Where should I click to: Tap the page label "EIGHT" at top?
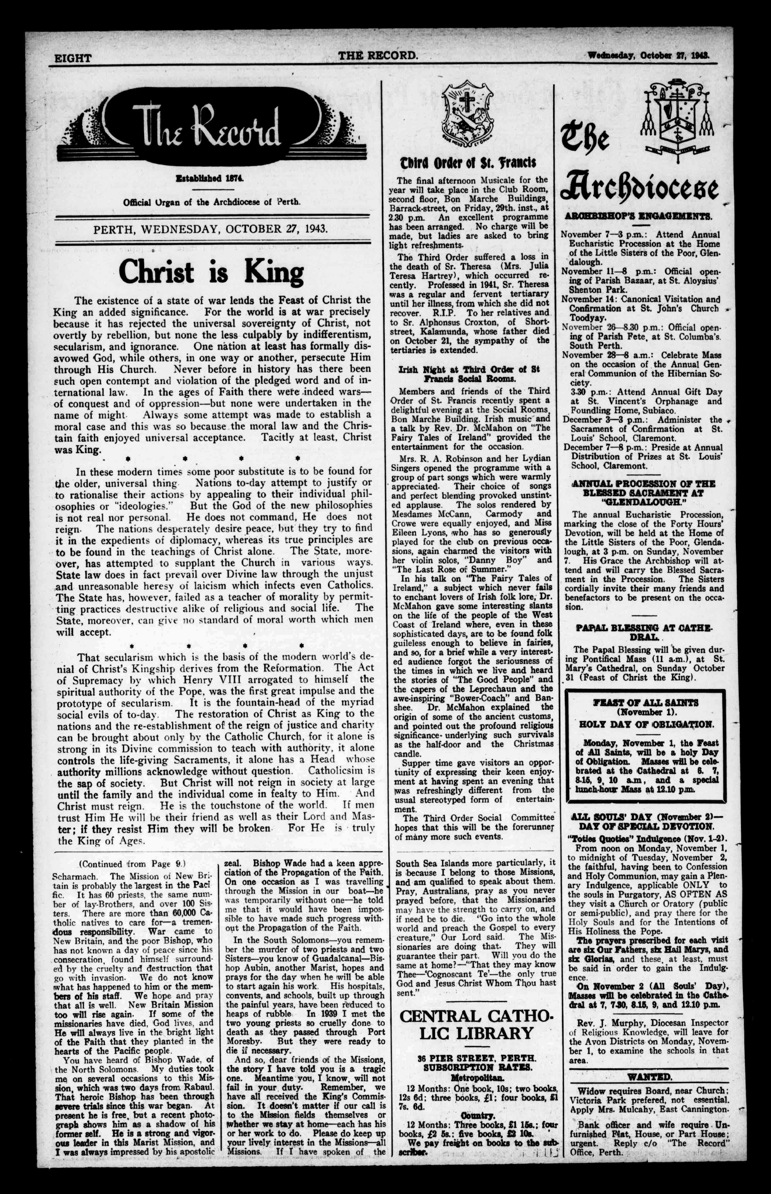click(x=73, y=58)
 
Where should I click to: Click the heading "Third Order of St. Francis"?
click(x=468, y=164)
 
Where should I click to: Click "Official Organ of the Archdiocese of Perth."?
click(x=212, y=202)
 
